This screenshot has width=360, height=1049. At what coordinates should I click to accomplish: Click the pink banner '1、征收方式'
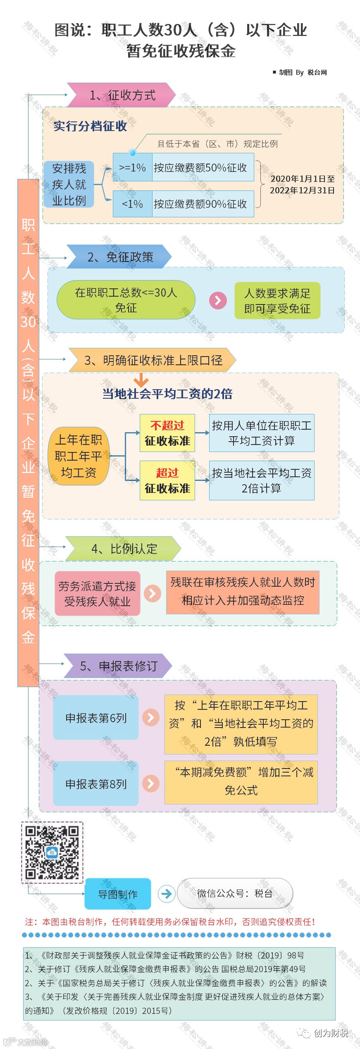point(122,95)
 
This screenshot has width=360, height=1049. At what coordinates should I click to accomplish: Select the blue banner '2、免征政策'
point(120,257)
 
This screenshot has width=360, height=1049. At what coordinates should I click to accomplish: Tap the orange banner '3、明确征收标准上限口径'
point(153,360)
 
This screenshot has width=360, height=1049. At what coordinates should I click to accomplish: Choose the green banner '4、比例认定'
point(124,549)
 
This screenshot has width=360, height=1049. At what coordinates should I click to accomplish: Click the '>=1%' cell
point(133,168)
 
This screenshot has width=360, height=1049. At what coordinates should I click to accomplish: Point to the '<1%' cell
point(133,204)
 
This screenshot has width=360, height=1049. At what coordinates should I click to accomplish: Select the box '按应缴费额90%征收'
point(203,204)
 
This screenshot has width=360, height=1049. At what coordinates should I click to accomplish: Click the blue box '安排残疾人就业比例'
point(69,184)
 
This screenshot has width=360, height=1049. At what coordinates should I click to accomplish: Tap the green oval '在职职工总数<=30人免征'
point(126,300)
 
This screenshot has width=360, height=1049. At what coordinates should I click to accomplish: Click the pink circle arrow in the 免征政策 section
point(218,300)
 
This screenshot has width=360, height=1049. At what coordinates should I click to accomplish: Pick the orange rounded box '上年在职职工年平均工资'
point(79,456)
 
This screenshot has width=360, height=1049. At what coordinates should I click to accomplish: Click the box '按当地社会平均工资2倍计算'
point(261,480)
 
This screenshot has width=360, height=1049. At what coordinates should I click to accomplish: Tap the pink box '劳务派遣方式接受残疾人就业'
point(97,594)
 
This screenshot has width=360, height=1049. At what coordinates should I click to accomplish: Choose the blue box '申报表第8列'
point(96,784)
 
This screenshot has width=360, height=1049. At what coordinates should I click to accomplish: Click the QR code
point(52,852)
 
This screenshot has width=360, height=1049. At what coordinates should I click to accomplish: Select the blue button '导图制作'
point(118,894)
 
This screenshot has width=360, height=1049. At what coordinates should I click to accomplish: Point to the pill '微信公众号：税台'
point(235,893)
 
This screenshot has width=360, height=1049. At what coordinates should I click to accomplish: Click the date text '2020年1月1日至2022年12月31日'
point(302,184)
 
